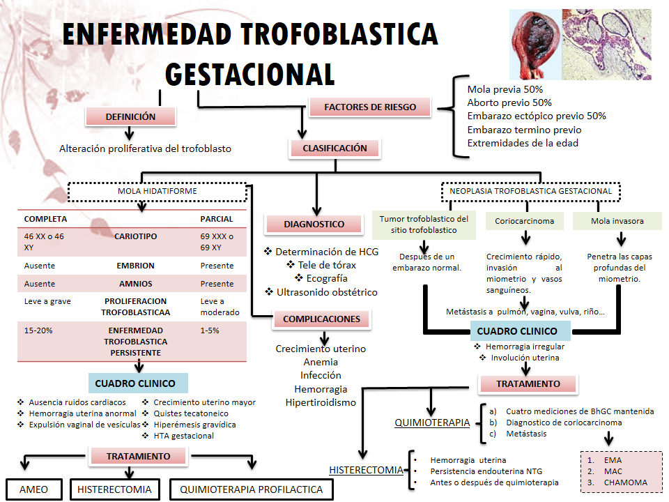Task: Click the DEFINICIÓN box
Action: [130, 117]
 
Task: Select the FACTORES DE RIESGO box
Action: [370, 107]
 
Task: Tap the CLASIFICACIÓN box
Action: [334, 149]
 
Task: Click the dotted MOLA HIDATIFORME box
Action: [157, 191]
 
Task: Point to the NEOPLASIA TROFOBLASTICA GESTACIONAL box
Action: [530, 191]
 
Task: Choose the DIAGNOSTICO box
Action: [314, 225]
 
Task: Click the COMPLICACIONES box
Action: [321, 319]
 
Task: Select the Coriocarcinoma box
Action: [525, 221]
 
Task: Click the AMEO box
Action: [34, 489]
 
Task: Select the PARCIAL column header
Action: [217, 219]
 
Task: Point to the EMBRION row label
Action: [135, 266]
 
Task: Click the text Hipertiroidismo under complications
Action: [321, 402]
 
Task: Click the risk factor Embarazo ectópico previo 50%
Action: [537, 116]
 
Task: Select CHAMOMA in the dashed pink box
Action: [625, 482]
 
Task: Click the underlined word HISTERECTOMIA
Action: [367, 470]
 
